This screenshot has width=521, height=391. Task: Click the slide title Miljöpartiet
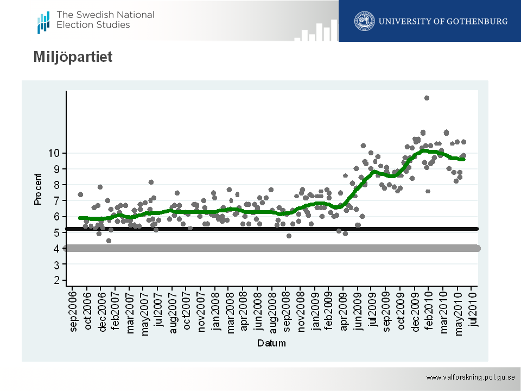coord(73,56)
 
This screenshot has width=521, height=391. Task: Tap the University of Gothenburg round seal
coord(365,21)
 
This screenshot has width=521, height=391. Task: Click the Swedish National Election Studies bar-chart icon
coord(43,22)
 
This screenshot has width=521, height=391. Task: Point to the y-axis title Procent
coord(38,190)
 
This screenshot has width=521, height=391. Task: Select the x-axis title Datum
coord(271,343)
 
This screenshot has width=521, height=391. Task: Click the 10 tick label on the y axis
coord(53,153)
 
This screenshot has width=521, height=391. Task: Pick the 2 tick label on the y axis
coord(56,280)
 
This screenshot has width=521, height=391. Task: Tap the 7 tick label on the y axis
coord(56,200)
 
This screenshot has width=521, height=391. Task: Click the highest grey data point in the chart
coord(427,98)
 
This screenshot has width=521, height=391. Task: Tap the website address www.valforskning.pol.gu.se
coord(469,377)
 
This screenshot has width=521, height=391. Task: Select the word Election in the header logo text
coord(72,24)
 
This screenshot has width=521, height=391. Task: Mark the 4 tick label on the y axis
coord(56,248)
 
